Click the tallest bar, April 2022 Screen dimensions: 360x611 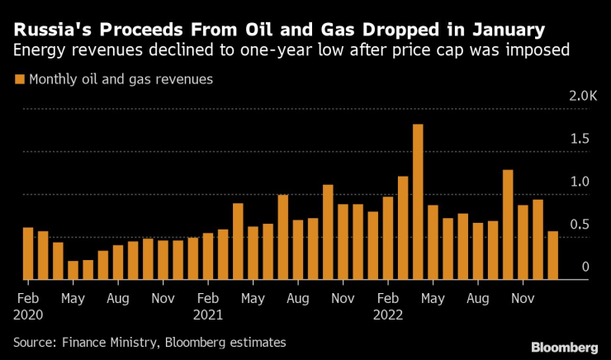tap(418, 202)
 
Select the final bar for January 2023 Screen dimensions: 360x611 tap(552, 256)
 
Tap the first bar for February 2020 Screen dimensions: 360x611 tap(28, 253)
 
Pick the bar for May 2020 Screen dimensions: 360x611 tap(73, 270)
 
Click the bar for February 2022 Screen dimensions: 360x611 tap(388, 238)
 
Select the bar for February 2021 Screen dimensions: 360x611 tap(208, 256)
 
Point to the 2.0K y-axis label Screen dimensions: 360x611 tap(577, 97)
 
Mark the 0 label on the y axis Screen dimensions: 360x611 tap(585, 267)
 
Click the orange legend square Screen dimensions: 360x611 tap(18, 80)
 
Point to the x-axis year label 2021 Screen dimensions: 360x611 tap(208, 314)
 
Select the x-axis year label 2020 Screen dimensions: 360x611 tap(28, 314)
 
